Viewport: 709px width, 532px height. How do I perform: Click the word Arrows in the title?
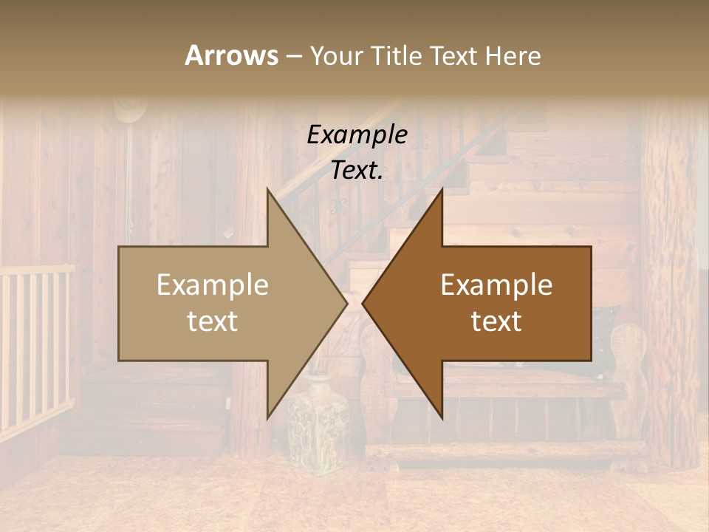coord(231,55)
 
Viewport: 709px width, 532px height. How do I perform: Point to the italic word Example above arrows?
coord(357,135)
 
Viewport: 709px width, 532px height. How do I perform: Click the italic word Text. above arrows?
coord(357,170)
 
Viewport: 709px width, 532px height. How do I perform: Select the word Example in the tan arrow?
coord(212,285)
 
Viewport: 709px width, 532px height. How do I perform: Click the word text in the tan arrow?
coord(212,321)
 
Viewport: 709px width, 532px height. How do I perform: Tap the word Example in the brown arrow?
coord(496,285)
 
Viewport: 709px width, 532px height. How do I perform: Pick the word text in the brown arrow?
coord(496,321)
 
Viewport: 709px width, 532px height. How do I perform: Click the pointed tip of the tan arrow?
coord(346,303)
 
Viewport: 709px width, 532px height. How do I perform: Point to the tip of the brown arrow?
coord(363,303)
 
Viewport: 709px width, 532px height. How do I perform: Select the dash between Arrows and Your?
coord(293,56)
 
